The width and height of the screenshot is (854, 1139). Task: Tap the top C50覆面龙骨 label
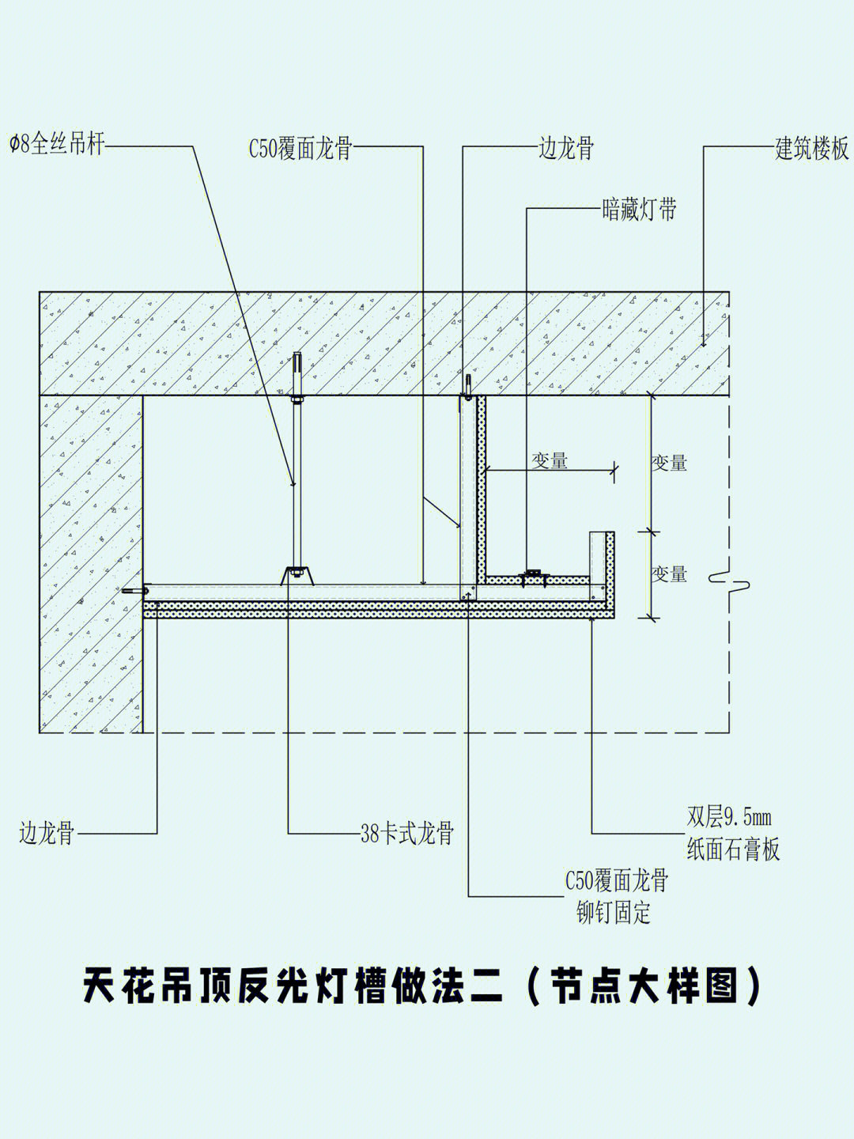pyautogui.click(x=300, y=149)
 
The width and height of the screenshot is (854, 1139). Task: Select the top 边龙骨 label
pyautogui.click(x=566, y=149)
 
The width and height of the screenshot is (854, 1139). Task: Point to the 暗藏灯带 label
pyautogui.click(x=639, y=210)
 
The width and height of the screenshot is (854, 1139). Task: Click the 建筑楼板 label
pyautogui.click(x=811, y=149)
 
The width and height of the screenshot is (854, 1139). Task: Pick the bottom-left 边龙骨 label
pyautogui.click(x=47, y=833)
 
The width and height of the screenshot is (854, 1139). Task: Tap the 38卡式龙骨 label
pyautogui.click(x=407, y=833)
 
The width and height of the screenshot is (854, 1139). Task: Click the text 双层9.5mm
pyautogui.click(x=728, y=816)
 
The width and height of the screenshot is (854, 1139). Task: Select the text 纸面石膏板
pyautogui.click(x=733, y=850)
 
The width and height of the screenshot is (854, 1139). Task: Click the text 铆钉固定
pyautogui.click(x=614, y=914)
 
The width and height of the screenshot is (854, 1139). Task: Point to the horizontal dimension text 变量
pyautogui.click(x=550, y=460)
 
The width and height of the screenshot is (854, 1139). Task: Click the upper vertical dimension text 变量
pyautogui.click(x=669, y=463)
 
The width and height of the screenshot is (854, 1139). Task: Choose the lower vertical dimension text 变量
pyautogui.click(x=669, y=573)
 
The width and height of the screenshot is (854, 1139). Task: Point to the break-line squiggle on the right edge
pyautogui.click(x=729, y=581)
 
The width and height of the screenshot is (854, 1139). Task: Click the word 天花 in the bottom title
pyautogui.click(x=134, y=986)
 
